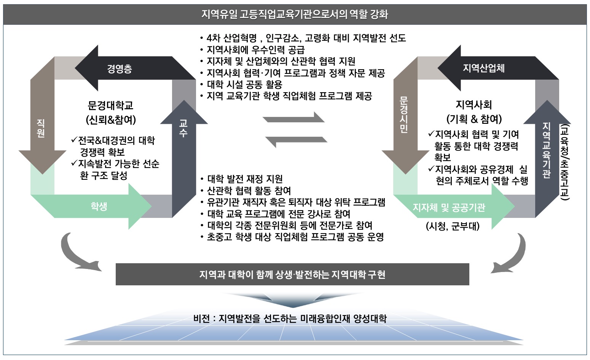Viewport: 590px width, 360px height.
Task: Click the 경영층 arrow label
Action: click(x=120, y=69)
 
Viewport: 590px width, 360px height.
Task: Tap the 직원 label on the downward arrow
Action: click(x=41, y=128)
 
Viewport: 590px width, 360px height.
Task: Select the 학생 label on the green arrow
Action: click(x=99, y=206)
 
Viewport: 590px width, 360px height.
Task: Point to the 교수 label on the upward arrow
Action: click(x=183, y=128)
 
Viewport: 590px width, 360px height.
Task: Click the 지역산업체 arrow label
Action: click(x=483, y=68)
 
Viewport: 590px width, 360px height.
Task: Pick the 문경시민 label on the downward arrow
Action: click(x=404, y=115)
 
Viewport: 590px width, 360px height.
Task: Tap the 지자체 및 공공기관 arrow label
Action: click(x=449, y=208)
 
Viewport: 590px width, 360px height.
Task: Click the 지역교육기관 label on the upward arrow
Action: click(x=547, y=150)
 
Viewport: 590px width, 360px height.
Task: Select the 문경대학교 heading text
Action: click(x=111, y=105)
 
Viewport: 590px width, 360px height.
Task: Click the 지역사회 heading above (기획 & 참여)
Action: click(x=474, y=105)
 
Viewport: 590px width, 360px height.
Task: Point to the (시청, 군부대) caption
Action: click(x=453, y=226)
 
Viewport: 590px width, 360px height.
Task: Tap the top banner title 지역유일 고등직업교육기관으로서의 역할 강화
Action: click(x=295, y=14)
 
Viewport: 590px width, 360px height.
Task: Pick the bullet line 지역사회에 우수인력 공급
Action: click(x=255, y=50)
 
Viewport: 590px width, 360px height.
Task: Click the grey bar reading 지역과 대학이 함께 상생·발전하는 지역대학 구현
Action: click(x=292, y=274)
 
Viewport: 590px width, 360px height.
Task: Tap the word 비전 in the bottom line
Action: click(x=202, y=318)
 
